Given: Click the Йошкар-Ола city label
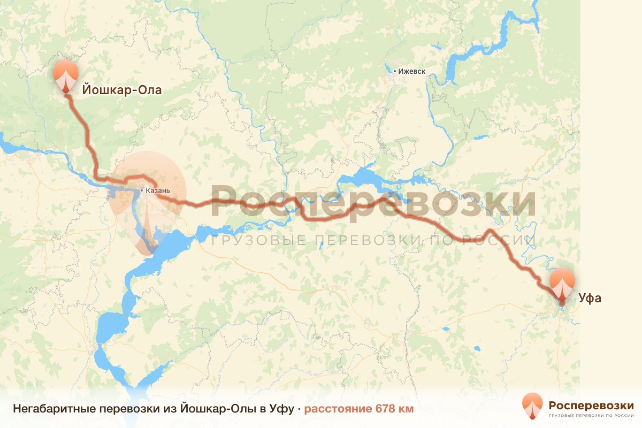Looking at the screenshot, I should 121,90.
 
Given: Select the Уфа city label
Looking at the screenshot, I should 590,298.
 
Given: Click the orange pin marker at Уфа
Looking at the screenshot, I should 562,283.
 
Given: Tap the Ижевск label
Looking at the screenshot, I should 412,71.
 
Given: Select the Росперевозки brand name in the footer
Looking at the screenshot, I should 591,404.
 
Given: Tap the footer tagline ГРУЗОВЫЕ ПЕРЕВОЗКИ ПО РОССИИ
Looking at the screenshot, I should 591,415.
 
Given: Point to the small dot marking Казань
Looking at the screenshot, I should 141,190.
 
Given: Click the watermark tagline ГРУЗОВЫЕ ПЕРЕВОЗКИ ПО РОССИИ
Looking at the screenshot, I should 373,240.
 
